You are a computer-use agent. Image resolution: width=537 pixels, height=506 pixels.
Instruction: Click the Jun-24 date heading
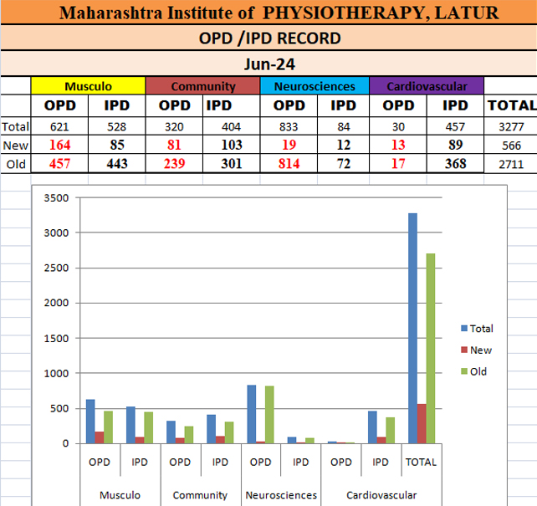268,64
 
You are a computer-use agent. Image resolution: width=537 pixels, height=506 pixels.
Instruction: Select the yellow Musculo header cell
88,86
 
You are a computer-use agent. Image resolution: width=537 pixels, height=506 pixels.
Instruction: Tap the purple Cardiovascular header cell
426,86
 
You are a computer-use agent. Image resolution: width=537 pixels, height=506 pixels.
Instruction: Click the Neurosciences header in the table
314,86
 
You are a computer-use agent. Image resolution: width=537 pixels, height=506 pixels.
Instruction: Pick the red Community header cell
202,86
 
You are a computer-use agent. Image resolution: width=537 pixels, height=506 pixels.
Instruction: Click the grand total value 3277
510,127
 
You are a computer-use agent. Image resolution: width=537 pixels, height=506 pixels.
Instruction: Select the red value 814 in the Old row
289,164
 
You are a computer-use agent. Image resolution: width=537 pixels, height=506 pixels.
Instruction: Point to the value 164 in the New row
59,146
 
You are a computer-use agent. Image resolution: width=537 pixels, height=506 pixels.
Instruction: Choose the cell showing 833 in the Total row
289,127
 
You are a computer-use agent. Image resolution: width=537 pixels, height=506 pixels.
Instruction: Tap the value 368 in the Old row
455,164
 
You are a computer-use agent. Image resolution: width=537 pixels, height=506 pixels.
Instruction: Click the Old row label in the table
16,164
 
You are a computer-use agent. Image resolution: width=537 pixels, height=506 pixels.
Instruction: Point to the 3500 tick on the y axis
58,198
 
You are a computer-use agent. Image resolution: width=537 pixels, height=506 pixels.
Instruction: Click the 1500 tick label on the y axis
58,338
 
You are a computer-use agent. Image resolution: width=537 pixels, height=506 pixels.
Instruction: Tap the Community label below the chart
200,495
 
